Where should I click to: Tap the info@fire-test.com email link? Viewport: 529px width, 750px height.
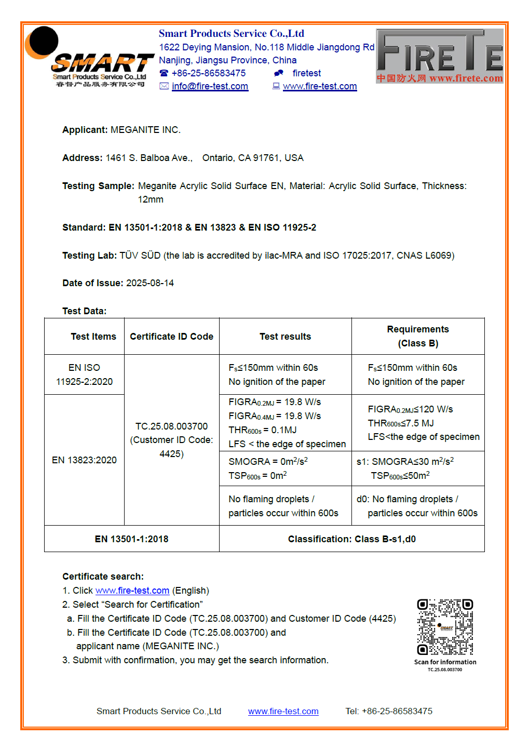210,86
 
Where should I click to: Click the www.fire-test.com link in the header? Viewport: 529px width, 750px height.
320,86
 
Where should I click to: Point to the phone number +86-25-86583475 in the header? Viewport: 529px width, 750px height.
209,73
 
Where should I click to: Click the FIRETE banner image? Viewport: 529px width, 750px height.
439,56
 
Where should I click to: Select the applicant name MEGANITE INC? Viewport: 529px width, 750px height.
145,130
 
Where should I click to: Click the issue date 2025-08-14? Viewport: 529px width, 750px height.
150,283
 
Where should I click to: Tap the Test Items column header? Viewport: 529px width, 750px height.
93,337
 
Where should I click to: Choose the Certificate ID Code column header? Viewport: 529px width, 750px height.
171,337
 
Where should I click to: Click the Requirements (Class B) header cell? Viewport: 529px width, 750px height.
418,336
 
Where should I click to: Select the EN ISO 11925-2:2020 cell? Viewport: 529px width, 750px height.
84,374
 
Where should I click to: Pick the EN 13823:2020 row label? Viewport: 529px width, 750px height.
84,460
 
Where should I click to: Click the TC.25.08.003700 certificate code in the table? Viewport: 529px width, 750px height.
171,426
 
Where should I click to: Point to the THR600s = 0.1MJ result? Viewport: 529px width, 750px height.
263,430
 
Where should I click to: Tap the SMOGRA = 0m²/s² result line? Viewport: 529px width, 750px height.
268,461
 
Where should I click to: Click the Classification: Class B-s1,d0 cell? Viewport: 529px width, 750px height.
352,539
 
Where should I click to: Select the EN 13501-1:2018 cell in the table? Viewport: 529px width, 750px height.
131,539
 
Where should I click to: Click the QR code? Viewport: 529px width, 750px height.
445,627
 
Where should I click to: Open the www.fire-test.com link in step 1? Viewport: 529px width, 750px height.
132,591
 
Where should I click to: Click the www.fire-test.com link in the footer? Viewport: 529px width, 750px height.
283,712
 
